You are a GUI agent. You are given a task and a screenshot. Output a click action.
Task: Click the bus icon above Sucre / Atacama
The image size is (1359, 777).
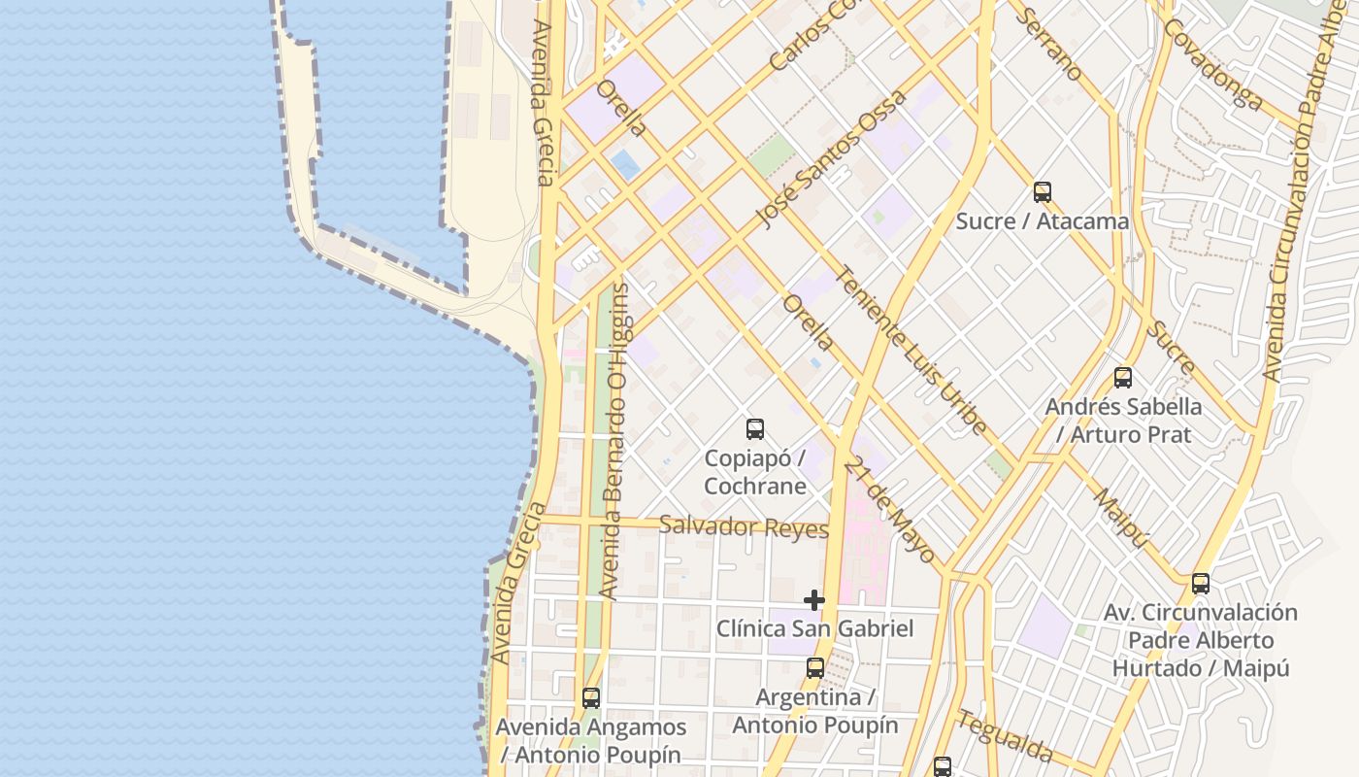(1043, 192)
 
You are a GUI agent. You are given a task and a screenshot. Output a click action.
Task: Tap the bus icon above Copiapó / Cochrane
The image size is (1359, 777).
(754, 428)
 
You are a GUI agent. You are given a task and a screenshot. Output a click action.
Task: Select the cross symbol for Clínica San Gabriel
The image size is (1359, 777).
(814, 600)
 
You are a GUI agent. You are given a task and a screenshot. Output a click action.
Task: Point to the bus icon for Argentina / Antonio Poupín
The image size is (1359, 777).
(815, 668)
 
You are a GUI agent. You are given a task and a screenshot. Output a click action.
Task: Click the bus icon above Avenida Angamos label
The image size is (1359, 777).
(590, 697)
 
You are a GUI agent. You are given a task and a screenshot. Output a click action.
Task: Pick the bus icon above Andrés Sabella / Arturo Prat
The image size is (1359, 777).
(1123, 378)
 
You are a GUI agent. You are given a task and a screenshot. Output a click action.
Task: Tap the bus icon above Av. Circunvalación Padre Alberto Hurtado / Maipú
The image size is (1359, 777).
(1201, 584)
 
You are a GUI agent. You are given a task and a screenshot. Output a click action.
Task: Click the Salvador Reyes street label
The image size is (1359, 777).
(744, 527)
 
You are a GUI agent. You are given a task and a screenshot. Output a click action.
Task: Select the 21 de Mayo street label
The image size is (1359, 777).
(889, 511)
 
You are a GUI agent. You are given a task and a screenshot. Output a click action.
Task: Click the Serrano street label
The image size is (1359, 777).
(1051, 43)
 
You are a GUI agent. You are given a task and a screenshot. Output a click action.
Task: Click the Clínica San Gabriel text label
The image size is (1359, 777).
(815, 628)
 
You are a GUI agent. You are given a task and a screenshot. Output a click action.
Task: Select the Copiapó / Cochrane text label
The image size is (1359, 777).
(755, 471)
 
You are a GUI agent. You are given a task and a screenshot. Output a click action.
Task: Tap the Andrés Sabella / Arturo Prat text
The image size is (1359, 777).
(1123, 420)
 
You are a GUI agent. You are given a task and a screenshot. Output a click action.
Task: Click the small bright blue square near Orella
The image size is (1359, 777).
(626, 164)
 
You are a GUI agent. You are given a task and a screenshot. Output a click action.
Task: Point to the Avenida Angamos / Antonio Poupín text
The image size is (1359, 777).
(590, 740)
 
